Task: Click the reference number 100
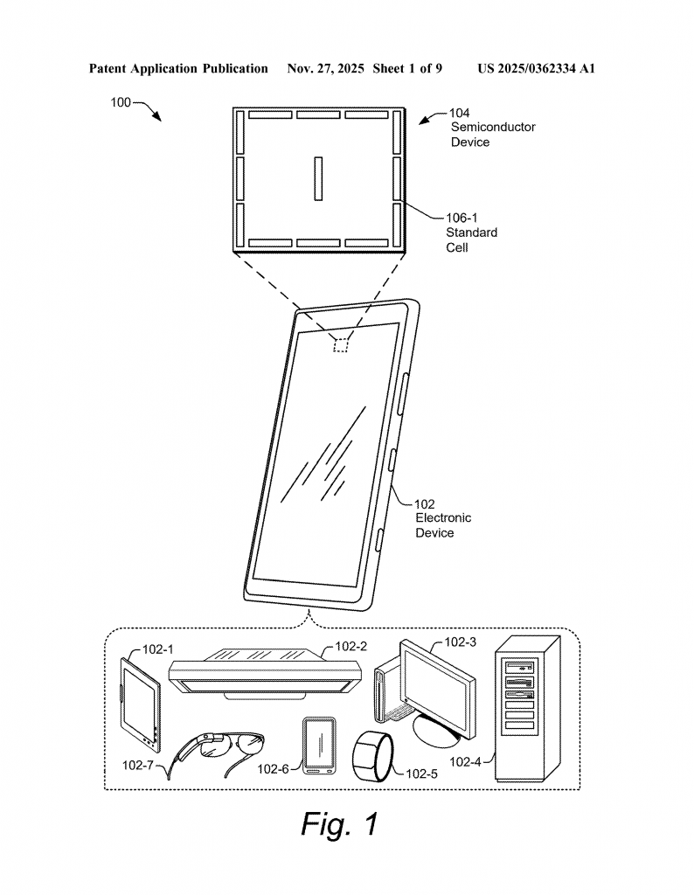pyautogui.click(x=120, y=102)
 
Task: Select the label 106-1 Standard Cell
pyautogui.click(x=471, y=232)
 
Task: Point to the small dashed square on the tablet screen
pyautogui.click(x=340, y=344)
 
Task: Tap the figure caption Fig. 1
pyautogui.click(x=340, y=823)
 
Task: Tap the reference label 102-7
pyautogui.click(x=141, y=765)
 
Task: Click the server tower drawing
pyautogui.click(x=526, y=708)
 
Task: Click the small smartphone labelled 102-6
pyautogui.click(x=318, y=746)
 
